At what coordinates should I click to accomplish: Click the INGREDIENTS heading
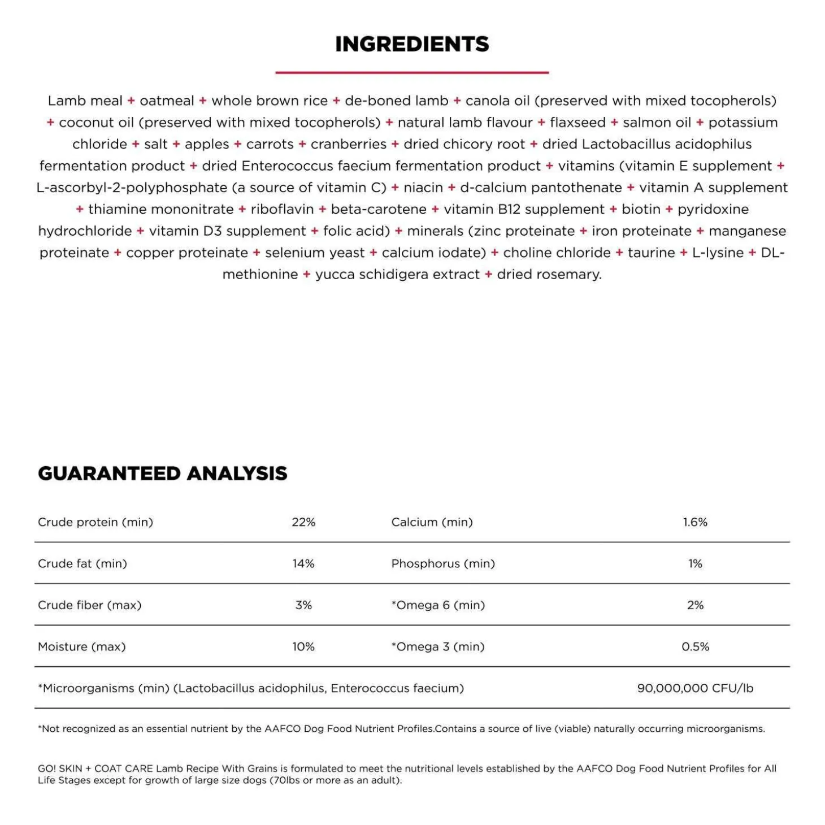[412, 44]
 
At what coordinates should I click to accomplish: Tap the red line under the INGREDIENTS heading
[412, 72]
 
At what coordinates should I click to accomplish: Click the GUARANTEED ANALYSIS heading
[163, 473]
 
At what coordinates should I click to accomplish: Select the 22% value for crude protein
[303, 522]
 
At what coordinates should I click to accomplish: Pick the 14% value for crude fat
[303, 563]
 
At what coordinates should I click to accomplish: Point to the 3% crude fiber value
[303, 605]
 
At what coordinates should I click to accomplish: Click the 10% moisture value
[303, 646]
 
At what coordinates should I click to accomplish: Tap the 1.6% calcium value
[695, 522]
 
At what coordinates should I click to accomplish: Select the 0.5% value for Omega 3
[695, 646]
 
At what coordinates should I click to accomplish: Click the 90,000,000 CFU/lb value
[695, 688]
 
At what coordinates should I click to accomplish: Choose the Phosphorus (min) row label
[443, 563]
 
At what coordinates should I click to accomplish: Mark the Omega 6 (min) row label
[438, 605]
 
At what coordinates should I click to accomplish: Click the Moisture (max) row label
[82, 646]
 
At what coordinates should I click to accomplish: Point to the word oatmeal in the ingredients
[167, 101]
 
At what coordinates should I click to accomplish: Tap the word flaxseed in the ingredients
[577, 123]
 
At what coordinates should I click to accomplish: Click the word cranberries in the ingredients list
[349, 144]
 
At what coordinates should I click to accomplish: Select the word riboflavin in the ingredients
[282, 209]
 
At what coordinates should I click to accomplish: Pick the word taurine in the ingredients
[651, 253]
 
